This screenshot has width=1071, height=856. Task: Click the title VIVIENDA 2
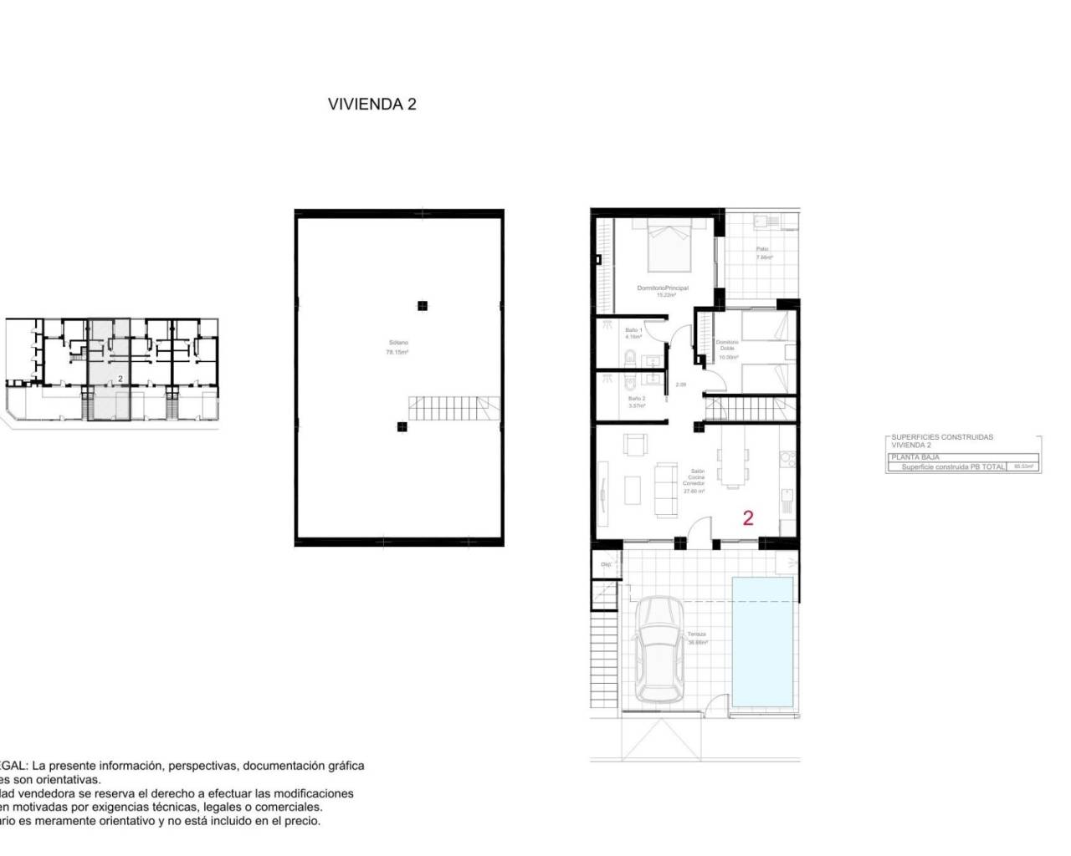click(372, 104)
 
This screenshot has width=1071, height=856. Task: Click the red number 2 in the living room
click(747, 518)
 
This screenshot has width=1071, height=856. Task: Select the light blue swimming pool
click(762, 640)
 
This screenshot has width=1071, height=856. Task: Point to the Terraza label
click(697, 638)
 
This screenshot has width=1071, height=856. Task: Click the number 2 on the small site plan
click(120, 379)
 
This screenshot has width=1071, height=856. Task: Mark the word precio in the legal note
click(303, 822)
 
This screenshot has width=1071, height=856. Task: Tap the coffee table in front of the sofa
click(634, 489)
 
